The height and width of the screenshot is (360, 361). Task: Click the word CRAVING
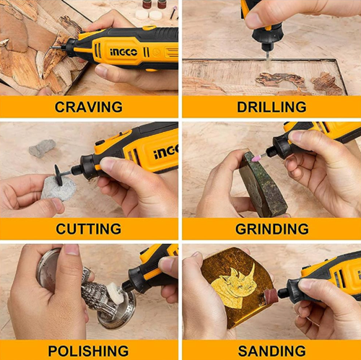point(89,107)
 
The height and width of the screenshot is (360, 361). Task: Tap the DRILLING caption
point(271,107)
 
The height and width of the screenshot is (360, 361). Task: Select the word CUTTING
point(89,229)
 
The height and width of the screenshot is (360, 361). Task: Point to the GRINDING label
point(272,229)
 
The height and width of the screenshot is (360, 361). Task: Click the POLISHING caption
point(88,351)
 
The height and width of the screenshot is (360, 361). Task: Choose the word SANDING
point(272,351)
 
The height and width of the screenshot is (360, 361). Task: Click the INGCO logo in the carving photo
point(123,52)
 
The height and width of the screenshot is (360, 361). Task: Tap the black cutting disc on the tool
point(58,175)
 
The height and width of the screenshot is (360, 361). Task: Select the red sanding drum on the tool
point(271,296)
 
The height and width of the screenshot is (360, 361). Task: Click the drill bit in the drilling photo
point(269,60)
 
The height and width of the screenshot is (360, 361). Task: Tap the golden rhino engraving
point(233,284)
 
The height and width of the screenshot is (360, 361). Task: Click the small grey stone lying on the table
point(43,148)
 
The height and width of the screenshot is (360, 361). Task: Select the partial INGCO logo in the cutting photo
point(165,152)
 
